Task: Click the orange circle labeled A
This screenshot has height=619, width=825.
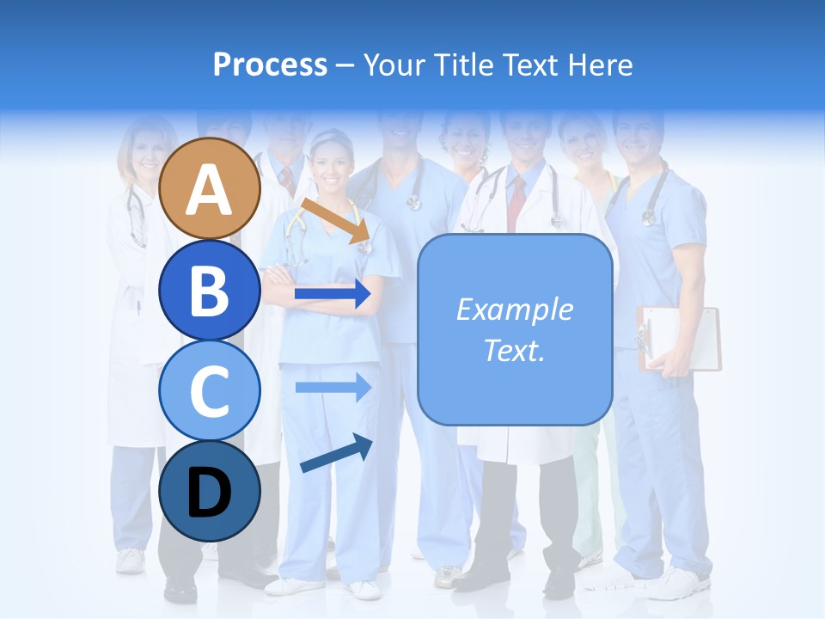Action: coord(209,188)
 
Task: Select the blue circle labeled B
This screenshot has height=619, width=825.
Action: coord(209,290)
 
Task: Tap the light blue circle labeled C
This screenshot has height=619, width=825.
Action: coord(209,390)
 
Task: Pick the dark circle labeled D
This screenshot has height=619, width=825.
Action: coord(209,491)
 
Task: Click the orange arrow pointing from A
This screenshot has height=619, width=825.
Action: coord(336,220)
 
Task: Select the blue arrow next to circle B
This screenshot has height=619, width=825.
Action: coord(333,294)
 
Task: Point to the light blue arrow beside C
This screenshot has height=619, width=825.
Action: coord(333,387)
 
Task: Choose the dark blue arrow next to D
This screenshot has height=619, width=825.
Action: coord(336,453)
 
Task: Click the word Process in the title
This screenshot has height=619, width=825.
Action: coord(270,64)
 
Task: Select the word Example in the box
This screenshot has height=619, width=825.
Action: coord(514,309)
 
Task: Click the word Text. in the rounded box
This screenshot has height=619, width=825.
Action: coord(514,350)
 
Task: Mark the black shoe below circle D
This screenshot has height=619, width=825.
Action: coord(180,588)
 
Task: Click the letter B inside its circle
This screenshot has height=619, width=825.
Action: coord(209,290)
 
